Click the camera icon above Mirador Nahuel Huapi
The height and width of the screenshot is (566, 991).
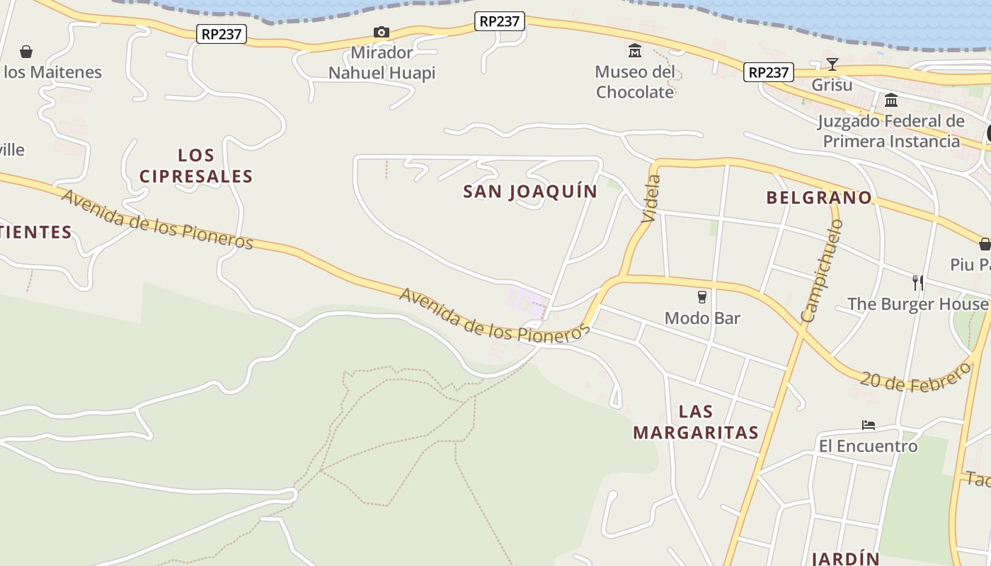pos(382,32)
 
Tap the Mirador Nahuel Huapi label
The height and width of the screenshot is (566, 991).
pos(382,63)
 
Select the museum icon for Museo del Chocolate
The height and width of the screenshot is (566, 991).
pos(635,51)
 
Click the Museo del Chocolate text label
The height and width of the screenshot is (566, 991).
pos(635,82)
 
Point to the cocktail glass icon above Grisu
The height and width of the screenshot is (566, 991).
pos(832,65)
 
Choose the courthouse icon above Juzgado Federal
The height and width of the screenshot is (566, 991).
pos(891,100)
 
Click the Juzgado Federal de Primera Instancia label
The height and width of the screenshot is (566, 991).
pos(891,131)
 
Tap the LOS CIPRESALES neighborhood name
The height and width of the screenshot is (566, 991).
pos(196,166)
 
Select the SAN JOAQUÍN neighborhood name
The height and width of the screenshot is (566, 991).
pos(530,192)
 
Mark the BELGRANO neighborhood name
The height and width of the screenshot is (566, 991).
pos(819,198)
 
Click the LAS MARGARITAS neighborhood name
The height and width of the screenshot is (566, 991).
pos(696,422)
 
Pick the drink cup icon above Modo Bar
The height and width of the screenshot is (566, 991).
pos(702,296)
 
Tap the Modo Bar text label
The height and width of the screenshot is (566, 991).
pos(702,318)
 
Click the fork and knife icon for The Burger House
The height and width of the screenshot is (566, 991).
pos(918,283)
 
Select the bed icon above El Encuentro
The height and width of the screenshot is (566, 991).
pos(869,425)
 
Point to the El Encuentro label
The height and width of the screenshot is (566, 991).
pos(869,446)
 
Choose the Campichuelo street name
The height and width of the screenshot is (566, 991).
pos(822,271)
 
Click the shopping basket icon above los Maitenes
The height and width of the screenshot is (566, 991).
pos(26,52)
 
